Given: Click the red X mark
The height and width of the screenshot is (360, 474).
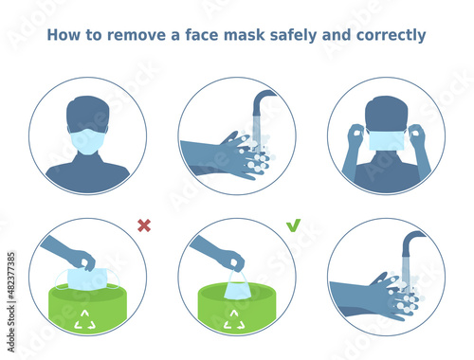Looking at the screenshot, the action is [144, 225].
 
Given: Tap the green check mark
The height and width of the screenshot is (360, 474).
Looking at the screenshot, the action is [293, 225].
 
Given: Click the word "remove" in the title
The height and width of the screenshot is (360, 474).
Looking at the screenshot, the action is [137, 35].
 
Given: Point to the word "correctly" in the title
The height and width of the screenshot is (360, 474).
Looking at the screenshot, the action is [391, 35].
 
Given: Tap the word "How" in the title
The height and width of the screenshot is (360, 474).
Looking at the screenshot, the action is [64, 35].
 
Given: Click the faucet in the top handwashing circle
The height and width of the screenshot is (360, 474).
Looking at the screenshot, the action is [264, 102].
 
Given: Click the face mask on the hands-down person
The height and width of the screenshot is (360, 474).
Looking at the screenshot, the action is [87, 141].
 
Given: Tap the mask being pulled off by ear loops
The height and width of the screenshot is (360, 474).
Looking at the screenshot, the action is [386, 140].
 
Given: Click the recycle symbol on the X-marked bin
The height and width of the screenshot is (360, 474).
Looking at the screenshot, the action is [85, 319].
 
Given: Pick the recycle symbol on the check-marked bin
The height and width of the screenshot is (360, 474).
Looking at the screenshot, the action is [234, 319].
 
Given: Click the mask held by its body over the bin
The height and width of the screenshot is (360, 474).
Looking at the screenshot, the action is [87, 279].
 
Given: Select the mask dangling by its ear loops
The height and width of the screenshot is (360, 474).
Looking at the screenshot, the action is [238, 286].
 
